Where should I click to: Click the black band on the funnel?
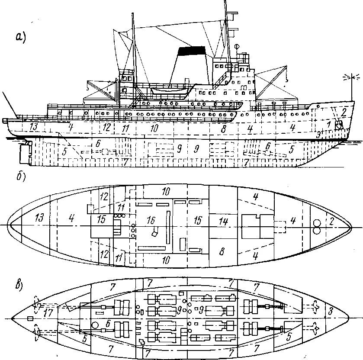(x=192, y=50)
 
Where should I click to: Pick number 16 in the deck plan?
(x=151, y=220)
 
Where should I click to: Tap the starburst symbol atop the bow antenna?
(x=350, y=77)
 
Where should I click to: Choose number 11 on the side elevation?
(x=125, y=129)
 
